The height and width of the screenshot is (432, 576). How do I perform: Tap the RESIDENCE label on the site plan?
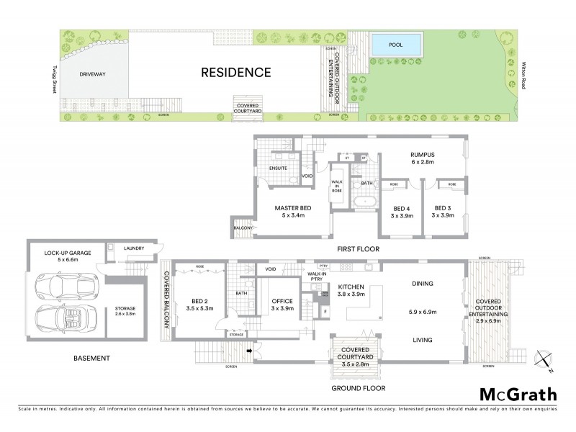(235, 72)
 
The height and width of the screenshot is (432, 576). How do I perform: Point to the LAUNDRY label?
(135, 249)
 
